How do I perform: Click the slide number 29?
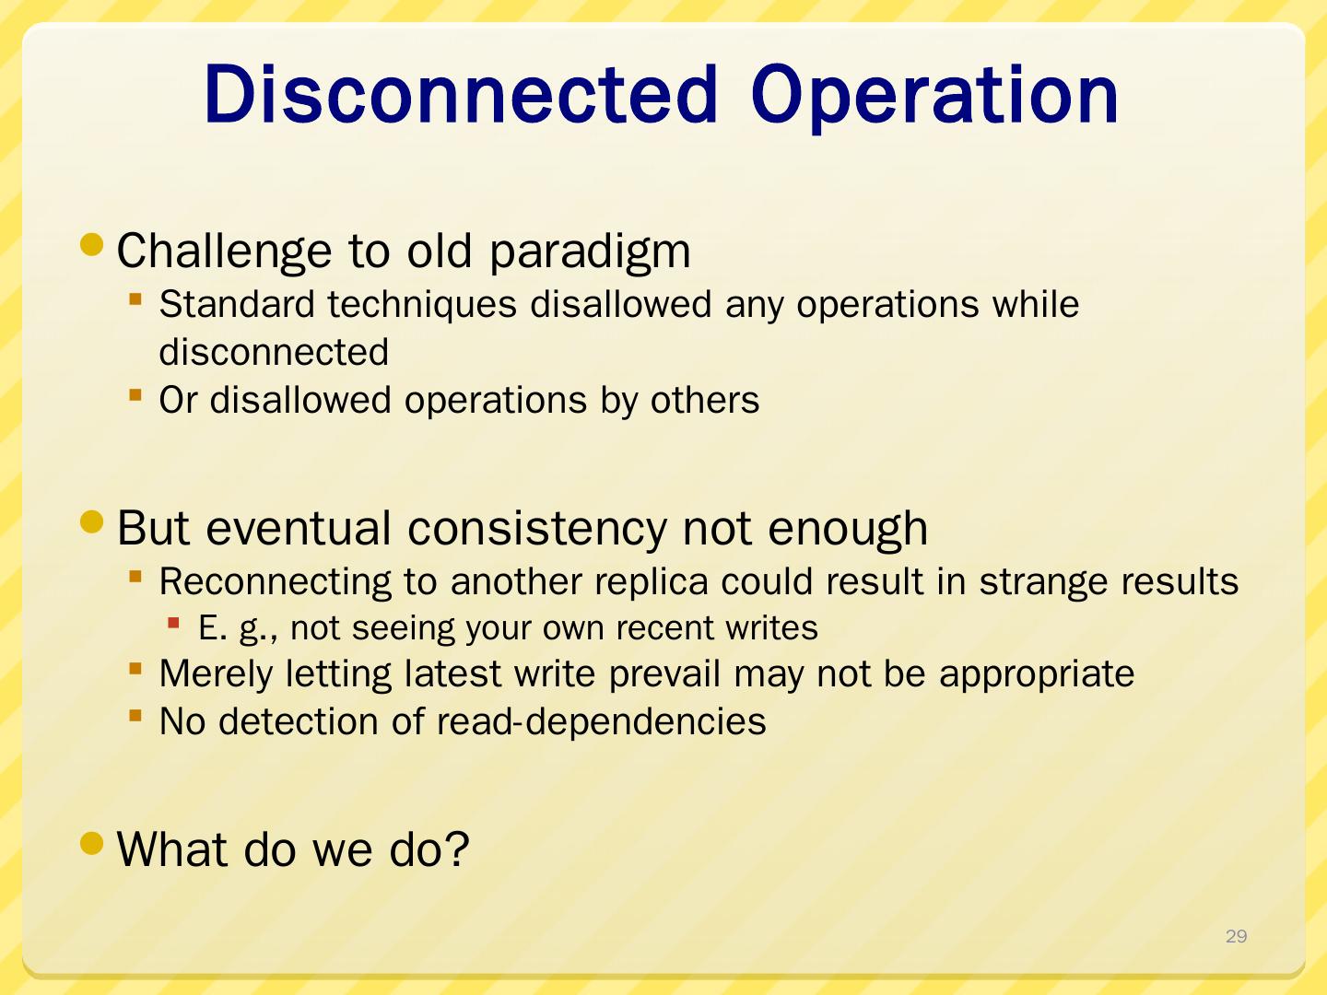[1237, 936]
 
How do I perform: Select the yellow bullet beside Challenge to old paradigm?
[92, 244]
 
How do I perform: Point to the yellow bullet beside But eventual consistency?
[92, 521]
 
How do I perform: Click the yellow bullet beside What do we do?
[92, 843]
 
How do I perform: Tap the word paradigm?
[590, 252]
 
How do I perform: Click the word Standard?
[237, 303]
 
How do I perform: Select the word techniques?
[422, 304]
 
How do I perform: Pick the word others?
[704, 400]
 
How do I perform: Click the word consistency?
[537, 529]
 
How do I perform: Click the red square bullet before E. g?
[173, 622]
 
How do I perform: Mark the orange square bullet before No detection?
[135, 716]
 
